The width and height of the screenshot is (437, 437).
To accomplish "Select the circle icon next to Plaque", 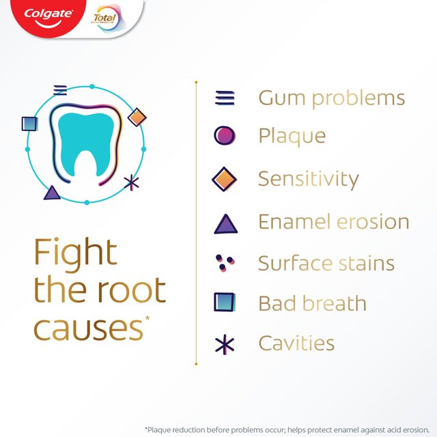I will coord(225,136).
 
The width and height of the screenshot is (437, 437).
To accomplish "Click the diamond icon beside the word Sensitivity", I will coord(225,179).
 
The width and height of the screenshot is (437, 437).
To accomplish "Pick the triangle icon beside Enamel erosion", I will coord(225,223).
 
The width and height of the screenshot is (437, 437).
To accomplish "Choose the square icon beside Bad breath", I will coord(225,302).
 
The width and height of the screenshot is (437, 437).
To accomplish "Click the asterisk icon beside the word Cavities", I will coord(225,344).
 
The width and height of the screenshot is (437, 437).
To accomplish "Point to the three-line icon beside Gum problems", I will coord(225,98).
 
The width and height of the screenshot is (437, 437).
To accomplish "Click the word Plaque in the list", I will coord(292,137).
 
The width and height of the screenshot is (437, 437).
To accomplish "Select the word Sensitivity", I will coord(308,180).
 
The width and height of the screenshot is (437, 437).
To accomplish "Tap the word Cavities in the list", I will coord(296,343).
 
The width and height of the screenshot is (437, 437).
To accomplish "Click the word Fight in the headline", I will coord(76,253).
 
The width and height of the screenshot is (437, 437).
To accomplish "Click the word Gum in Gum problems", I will coord(281,98).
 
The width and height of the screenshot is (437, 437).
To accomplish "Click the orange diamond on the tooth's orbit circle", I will coord(137,117).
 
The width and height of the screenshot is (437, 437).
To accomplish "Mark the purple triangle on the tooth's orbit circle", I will coord(52,193).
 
